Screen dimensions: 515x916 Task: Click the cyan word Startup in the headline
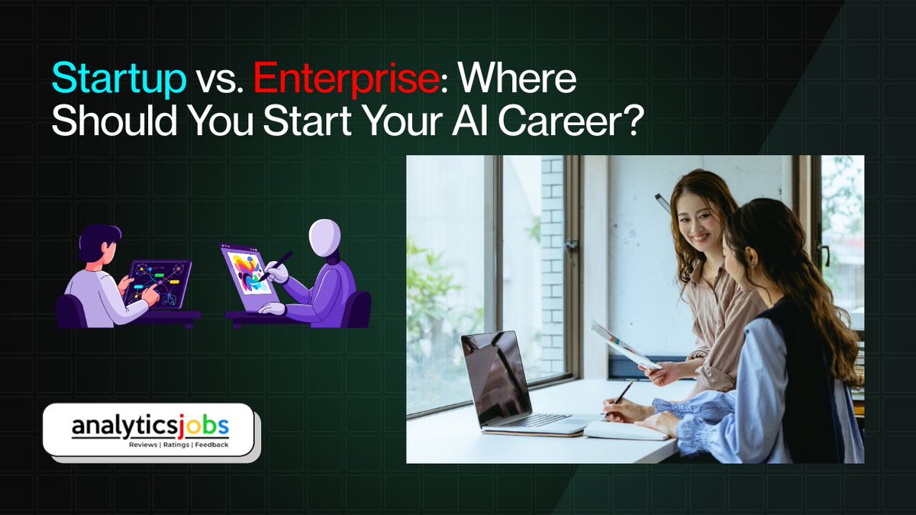118,79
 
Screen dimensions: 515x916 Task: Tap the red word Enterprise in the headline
344,79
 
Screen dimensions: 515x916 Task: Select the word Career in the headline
549,121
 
